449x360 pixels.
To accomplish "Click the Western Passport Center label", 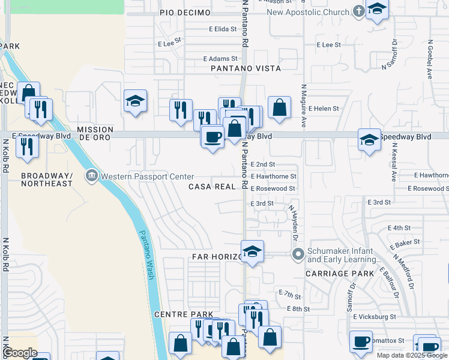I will (x=147, y=176).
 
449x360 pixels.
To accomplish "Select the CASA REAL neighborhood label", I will (x=212, y=187).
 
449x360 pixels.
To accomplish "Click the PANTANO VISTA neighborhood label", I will (x=246, y=68).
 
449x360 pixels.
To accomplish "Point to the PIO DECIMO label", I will (x=185, y=13).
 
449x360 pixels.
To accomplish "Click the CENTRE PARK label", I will (x=184, y=314).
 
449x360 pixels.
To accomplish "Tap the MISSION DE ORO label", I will (x=95, y=133).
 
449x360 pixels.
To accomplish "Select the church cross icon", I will (x=358, y=11).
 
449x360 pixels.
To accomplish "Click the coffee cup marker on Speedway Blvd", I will (x=212, y=137).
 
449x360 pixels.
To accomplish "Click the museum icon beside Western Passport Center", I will (x=91, y=176).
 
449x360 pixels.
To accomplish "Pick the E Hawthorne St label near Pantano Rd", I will (x=274, y=176).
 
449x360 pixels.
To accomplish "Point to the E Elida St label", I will (x=223, y=29).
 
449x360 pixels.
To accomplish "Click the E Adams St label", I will (x=220, y=59).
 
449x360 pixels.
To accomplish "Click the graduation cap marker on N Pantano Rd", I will (x=252, y=252).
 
